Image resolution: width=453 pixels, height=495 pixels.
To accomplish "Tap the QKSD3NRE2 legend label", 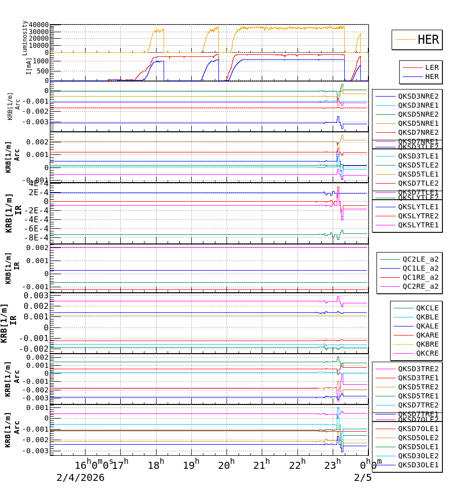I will (x=418, y=96).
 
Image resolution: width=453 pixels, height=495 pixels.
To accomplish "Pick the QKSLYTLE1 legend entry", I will (x=418, y=207).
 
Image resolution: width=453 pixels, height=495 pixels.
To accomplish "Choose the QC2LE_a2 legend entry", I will (x=420, y=259).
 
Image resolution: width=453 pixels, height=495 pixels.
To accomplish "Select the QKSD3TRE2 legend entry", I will (x=418, y=369).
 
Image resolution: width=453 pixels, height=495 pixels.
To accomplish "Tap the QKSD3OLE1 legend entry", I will (x=418, y=465).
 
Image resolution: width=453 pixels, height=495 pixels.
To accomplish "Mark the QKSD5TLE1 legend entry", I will (x=418, y=174).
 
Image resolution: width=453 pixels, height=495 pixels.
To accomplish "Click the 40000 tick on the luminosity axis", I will (x=39, y=25).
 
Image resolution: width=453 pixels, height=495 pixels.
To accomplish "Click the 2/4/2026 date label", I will (x=80, y=477).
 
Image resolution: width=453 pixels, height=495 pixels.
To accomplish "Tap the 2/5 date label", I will (x=362, y=477).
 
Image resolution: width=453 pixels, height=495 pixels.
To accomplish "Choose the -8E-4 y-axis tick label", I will (x=38, y=238).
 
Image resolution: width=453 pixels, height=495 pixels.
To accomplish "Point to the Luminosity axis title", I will (x=25, y=38).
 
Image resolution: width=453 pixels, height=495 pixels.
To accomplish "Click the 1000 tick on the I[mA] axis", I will (x=40, y=61).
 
